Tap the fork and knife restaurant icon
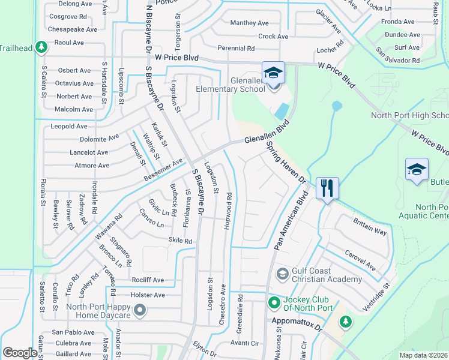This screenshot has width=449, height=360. (x=326, y=188)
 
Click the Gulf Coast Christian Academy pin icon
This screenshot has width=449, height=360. (x=282, y=274)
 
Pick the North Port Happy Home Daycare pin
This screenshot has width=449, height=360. (x=140, y=310)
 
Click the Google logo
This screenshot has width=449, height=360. (x=19, y=353)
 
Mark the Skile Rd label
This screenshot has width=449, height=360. (x=180, y=241)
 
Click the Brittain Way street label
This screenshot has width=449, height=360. (x=370, y=226)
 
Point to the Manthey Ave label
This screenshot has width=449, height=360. (x=249, y=23)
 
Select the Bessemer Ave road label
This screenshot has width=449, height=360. (x=163, y=172)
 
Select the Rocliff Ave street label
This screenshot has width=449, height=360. (x=148, y=280)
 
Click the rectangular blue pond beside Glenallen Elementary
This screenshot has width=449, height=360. (x=280, y=111)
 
